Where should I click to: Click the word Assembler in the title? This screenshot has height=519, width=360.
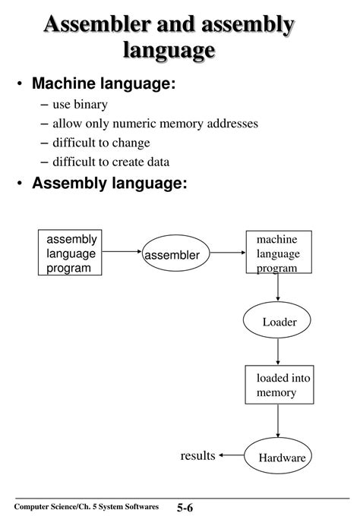(x=98, y=24)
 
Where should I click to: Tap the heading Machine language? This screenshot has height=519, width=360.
(x=103, y=83)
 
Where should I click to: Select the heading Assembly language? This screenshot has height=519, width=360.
(x=109, y=184)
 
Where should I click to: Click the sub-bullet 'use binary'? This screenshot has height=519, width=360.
(x=80, y=105)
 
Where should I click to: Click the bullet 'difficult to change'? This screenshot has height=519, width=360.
(x=101, y=143)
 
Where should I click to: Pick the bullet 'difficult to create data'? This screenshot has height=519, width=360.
(x=111, y=162)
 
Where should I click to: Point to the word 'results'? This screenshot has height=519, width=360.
(x=197, y=456)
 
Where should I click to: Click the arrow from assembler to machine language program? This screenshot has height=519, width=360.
(x=228, y=253)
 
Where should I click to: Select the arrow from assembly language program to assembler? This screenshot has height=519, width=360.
(x=122, y=252)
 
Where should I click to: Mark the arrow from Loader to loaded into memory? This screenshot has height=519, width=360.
(x=278, y=352)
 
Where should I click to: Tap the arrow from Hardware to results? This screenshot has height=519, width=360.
(x=232, y=455)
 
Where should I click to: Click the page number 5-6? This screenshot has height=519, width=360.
(x=185, y=508)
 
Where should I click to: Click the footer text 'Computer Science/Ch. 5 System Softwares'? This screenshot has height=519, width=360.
(x=87, y=506)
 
